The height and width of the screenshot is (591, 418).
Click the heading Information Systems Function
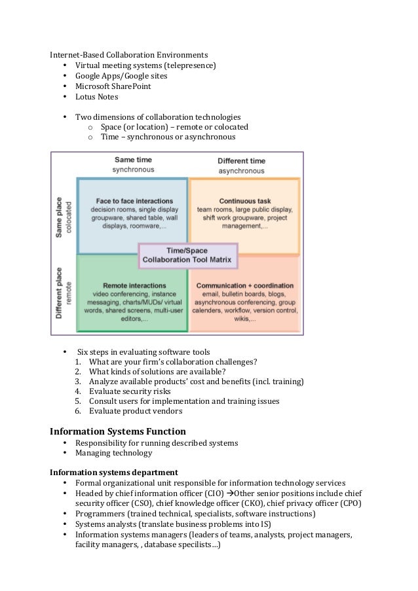click(118, 431)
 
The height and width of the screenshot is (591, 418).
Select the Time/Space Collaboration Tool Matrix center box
click(188, 255)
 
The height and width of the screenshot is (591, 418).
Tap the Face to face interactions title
click(134, 200)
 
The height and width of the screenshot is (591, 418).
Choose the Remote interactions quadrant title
click(134, 286)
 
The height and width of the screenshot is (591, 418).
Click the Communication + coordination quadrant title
click(245, 286)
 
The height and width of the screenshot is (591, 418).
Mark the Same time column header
click(133, 160)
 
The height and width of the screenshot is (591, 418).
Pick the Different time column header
click(242, 161)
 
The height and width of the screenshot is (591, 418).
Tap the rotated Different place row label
click(60, 293)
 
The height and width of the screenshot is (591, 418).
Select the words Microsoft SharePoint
click(112, 86)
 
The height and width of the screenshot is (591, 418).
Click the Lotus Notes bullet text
click(96, 97)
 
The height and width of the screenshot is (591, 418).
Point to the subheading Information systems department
click(114, 472)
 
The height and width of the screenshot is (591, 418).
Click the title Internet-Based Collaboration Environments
click(130, 54)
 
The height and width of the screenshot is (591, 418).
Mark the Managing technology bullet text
click(113, 453)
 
